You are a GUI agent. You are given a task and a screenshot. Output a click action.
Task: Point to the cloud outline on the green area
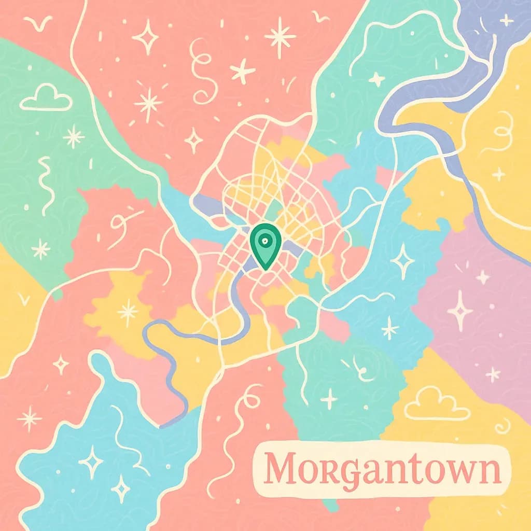click(x=46, y=99)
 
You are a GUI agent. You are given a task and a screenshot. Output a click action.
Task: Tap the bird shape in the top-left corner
click(x=39, y=24)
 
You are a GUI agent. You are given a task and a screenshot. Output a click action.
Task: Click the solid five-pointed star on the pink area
click(x=243, y=71)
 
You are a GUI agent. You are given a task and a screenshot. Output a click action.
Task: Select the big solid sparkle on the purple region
click(x=460, y=310)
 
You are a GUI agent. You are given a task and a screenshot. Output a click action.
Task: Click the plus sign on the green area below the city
click(x=328, y=399)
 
